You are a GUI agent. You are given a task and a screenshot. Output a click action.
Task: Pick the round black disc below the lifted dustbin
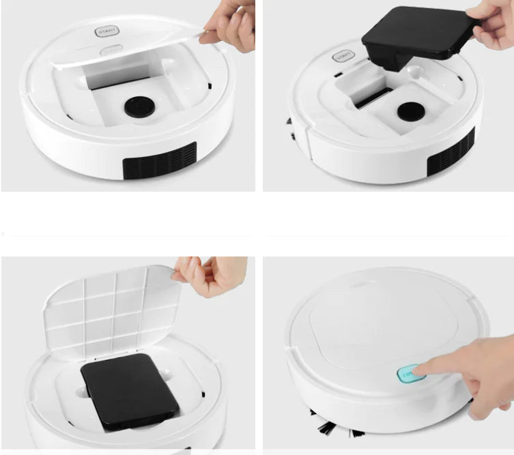(x=410, y=111)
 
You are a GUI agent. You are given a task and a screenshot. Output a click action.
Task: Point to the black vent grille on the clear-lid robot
(x=159, y=161)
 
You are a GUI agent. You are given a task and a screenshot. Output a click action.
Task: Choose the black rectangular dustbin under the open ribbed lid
(x=130, y=391)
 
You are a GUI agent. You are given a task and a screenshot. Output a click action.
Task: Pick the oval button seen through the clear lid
(x=111, y=50)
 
